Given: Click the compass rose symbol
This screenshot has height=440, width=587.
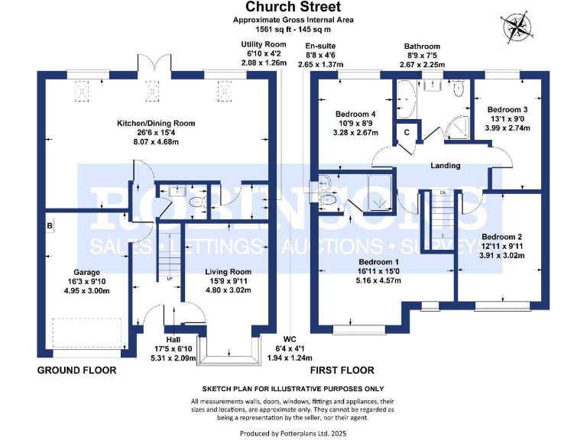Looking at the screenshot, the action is coord(517,28).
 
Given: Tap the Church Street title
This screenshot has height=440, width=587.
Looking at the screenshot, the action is coord(293,7).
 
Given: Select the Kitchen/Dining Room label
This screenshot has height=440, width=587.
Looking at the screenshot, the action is coord(156,123).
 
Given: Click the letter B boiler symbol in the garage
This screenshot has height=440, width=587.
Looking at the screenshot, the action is coord(50,226).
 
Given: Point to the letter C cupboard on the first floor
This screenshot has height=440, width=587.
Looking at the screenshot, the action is coord(407,132).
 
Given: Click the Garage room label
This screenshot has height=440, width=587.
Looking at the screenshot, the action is coord(86,272).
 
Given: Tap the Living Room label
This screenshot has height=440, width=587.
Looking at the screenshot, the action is coord(228,272).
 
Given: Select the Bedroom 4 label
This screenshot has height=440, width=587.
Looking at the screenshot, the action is coord(355,114).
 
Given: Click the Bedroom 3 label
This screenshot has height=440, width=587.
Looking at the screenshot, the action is coord(508,109).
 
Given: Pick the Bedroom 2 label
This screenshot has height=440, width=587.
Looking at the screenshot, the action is coord(501,237).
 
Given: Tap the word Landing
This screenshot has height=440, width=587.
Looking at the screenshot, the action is coord(445,165).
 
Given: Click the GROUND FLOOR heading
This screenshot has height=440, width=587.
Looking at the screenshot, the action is coord(76,370).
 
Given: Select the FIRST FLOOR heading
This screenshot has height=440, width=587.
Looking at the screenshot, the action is coord(342,370).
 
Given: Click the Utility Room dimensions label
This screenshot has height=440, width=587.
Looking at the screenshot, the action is coord(264,53).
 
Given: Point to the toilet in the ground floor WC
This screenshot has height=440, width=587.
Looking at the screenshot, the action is coord(198,202).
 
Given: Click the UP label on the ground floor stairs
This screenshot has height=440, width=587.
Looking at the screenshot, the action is coord(170,278).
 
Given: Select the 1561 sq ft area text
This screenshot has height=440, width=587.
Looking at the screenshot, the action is coord(293,29).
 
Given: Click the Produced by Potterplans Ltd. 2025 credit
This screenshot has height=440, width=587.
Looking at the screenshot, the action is coord(293,434).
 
